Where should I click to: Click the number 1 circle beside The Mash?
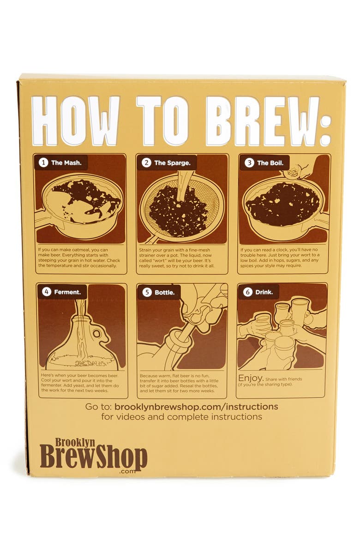pos(44,162)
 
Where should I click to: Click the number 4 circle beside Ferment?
pos(46,292)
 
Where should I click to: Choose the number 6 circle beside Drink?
pos(248,292)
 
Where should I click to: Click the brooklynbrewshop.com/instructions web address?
pos(196,407)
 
